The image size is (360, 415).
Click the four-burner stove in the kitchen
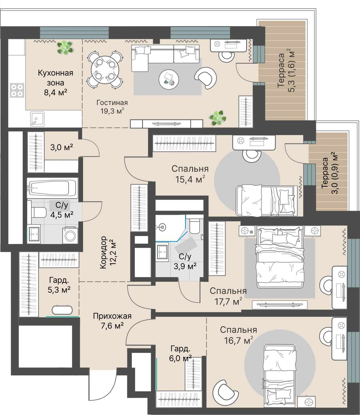click(x=17, y=90)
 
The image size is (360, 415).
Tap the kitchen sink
click(x=37, y=119)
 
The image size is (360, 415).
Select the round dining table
click(x=105, y=70)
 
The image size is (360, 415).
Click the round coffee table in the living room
click(x=169, y=79)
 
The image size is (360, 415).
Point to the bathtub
click(x=53, y=188)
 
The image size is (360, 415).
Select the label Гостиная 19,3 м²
click(x=112, y=107)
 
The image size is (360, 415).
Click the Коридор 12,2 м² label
click(x=108, y=253)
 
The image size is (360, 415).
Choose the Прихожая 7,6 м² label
click(x=112, y=320)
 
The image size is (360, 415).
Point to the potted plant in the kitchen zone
click(x=65, y=47)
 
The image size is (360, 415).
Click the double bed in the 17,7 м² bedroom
click(x=280, y=257)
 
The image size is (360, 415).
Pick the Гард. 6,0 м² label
click(x=180, y=353)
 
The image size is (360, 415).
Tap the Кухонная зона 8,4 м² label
click(x=56, y=83)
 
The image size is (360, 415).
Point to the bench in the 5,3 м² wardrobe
click(x=62, y=310)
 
